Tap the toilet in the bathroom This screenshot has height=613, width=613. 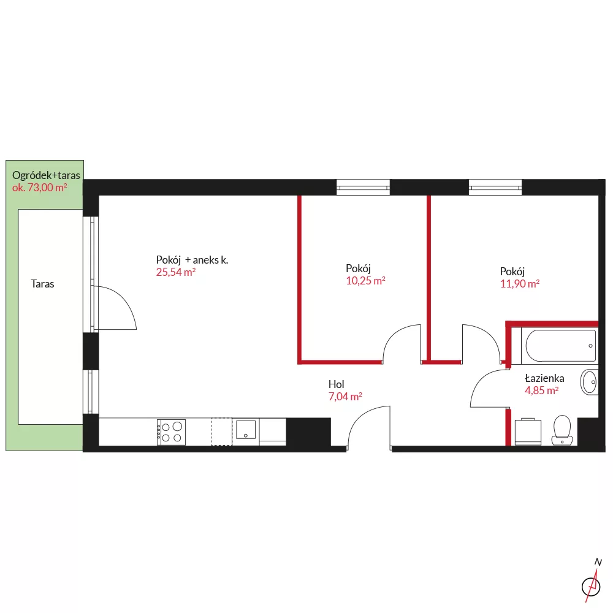point(562,430)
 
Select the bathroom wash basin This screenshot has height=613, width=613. point(589,382)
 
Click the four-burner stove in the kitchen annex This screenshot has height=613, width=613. point(171,432)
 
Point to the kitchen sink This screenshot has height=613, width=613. point(246,429)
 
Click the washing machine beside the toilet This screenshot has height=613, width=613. point(528,432)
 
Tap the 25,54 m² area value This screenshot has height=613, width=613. point(175,272)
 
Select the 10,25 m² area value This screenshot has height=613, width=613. point(365,281)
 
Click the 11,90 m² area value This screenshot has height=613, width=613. point(520,284)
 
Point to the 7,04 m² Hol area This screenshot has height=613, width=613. point(345,397)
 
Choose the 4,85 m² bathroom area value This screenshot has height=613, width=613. point(541,390)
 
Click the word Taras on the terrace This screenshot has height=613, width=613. point(42,284)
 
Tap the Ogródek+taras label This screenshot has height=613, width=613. point(46,175)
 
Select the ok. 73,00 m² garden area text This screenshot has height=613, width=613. point(39,188)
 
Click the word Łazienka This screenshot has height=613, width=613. point(544,378)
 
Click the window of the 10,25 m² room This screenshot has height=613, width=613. point(363,187)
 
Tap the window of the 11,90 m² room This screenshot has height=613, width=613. point(495,187)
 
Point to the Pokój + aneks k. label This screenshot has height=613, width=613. point(192,260)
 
